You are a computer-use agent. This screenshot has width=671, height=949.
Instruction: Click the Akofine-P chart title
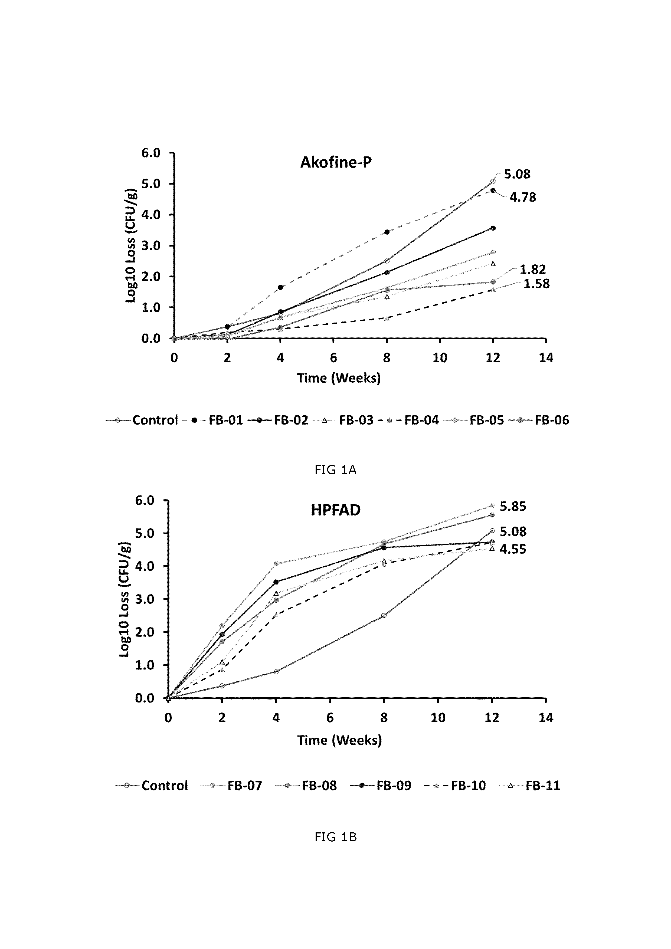point(336,162)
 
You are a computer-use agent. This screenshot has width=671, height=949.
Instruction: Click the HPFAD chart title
point(335,510)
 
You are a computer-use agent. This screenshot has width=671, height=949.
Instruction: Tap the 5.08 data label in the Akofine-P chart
point(517,174)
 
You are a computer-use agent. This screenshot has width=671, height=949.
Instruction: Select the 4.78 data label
point(523,197)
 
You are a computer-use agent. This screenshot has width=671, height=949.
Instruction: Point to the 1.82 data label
point(532,270)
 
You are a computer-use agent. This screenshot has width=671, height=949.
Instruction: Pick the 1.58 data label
point(537,284)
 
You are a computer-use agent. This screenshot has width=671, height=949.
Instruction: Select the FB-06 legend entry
point(539,420)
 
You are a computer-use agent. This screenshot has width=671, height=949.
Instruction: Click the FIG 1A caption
point(335,470)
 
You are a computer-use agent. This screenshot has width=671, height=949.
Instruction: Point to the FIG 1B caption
point(335,838)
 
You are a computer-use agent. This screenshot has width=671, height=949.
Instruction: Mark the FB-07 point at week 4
point(276,563)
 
